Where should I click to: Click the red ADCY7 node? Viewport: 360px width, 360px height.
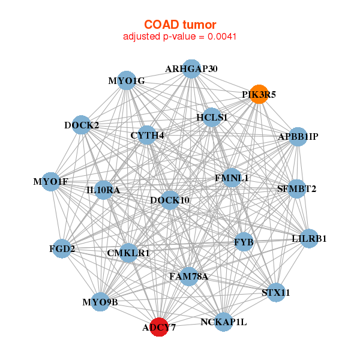[159, 327]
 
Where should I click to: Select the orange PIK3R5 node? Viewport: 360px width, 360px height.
[259, 94]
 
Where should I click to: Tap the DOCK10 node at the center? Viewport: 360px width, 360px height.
[170, 200]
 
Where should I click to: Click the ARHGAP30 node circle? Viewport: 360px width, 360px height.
[191, 68]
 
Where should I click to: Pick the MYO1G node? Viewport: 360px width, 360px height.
[127, 80]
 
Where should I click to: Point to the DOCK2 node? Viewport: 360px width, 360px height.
[81, 125]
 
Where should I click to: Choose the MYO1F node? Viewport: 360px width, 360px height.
[51, 182]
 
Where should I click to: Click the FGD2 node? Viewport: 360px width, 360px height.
[62, 248]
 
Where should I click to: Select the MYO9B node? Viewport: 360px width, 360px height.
[100, 302]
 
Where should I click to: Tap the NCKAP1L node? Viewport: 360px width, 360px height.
[223, 322]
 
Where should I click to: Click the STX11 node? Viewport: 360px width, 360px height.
[276, 293]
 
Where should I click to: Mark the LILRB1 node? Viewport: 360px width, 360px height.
[309, 239]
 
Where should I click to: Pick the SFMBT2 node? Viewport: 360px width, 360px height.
[296, 189]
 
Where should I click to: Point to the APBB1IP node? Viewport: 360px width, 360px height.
[298, 137]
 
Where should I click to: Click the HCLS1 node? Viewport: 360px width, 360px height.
[212, 118]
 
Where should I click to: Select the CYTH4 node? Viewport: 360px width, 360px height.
[147, 135]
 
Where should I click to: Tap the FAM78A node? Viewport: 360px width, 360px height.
[189, 277]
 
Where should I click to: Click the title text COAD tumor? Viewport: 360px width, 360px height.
[180, 25]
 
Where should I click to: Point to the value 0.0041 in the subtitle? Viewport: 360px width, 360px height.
[222, 37]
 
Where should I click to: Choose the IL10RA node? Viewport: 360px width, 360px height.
[103, 190]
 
